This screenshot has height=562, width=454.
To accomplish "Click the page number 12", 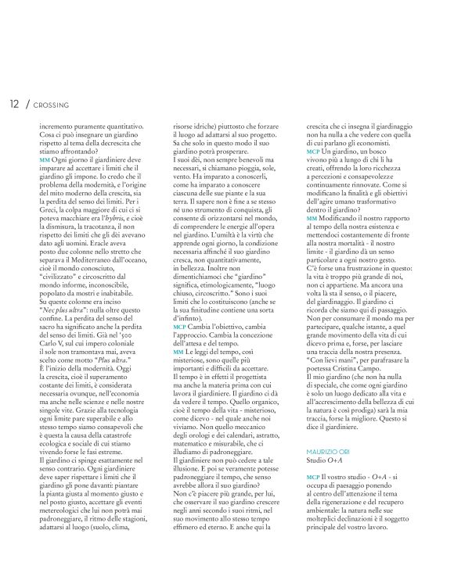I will [14, 104].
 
